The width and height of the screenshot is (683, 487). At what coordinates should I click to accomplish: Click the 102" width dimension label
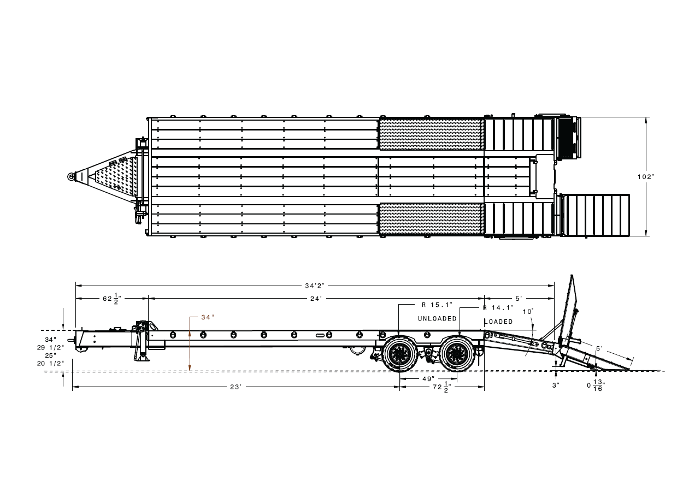pos(646,177)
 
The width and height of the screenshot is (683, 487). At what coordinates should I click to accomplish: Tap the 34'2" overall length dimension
pos(315,286)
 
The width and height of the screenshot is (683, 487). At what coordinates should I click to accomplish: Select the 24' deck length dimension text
pos(316,299)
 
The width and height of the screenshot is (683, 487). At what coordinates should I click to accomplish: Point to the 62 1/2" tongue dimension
pos(112,299)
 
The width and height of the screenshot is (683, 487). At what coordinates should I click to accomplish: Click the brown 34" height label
pos(208,317)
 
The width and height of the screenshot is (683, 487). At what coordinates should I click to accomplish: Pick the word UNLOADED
pos(437,318)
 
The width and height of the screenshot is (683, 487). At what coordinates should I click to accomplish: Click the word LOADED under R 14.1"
pos(498,322)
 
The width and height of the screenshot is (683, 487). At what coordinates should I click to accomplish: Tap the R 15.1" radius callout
pos(437,305)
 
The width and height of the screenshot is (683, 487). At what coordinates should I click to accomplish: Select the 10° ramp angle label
pos(528,311)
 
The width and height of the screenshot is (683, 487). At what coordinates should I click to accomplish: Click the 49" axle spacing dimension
pos(428,379)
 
